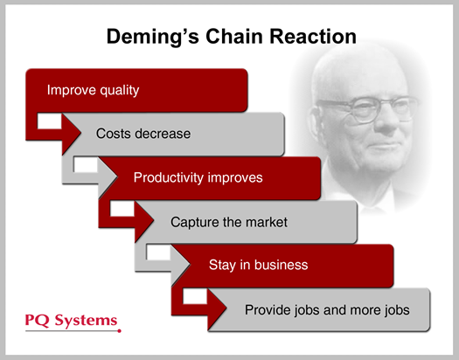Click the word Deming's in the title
(x=151, y=37)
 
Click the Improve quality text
(x=93, y=90)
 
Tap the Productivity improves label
(x=198, y=177)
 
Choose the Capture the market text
(x=229, y=222)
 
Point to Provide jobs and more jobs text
(x=326, y=309)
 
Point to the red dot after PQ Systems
(x=121, y=329)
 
